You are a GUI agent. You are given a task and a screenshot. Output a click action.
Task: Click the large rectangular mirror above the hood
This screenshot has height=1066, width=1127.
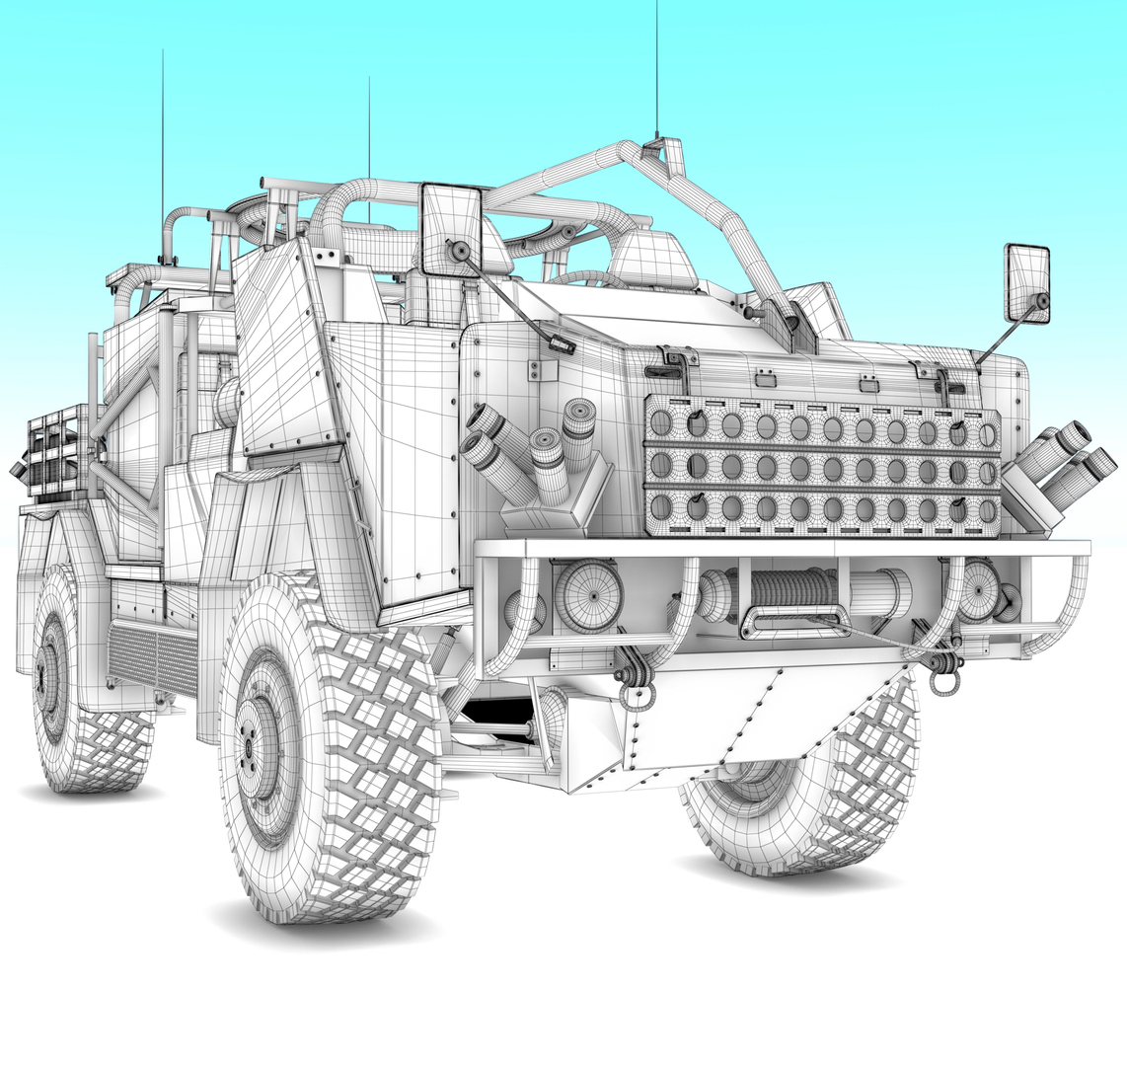click(x=451, y=229)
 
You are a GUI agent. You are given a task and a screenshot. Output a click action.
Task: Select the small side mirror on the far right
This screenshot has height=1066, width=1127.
click(x=1026, y=282)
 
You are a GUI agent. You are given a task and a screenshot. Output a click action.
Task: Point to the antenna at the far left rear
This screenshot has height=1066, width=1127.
click(x=163, y=148)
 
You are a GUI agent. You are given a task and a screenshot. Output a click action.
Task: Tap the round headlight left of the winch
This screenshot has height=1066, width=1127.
click(x=588, y=595)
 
